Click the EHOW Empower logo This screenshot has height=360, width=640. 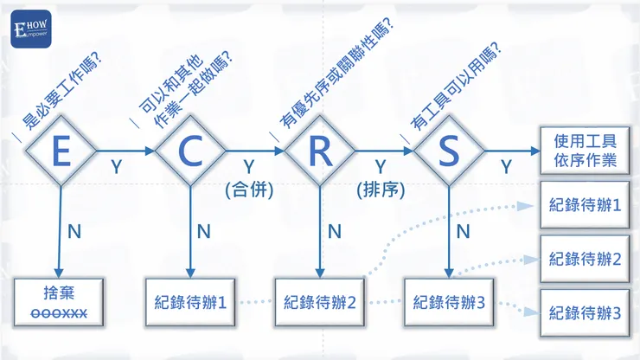pyautogui.click(x=30, y=29)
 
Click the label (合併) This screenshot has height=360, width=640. pyautogui.click(x=249, y=190)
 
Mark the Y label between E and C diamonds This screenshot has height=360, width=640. pyautogui.click(x=117, y=167)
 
